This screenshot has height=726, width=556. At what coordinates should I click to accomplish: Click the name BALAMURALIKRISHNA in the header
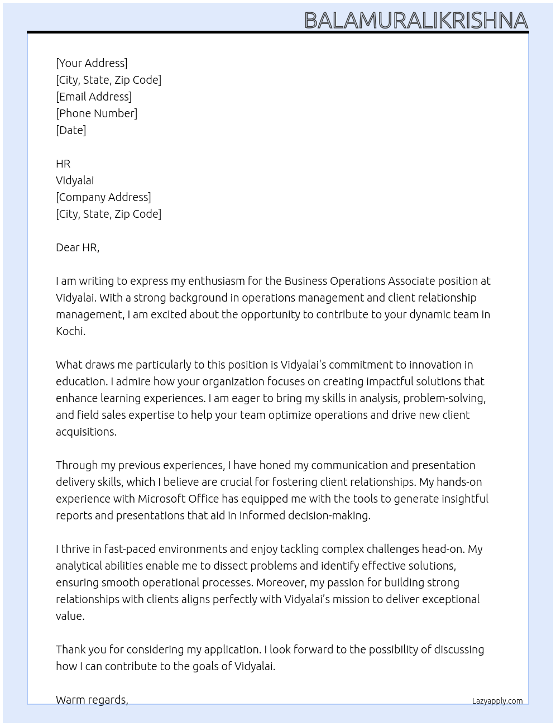pyautogui.click(x=416, y=20)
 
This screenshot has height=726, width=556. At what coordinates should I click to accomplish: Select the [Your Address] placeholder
pyautogui.click(x=92, y=63)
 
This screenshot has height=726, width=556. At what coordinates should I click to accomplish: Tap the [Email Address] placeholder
pyautogui.click(x=94, y=97)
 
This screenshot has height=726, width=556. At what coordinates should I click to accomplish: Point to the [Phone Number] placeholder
pyautogui.click(x=97, y=113)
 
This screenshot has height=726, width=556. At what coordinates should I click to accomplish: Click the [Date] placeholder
pyautogui.click(x=71, y=130)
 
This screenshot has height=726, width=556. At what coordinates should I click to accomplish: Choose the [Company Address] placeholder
pyautogui.click(x=103, y=197)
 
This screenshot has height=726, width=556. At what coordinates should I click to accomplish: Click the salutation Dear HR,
pyautogui.click(x=78, y=247)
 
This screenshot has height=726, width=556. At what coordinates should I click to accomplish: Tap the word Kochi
pyautogui.click(x=70, y=331)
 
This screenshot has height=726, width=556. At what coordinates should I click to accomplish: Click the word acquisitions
pyautogui.click(x=85, y=432)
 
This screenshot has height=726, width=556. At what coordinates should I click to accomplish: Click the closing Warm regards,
pyautogui.click(x=92, y=700)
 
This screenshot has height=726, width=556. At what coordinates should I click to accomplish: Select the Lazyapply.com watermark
pyautogui.click(x=497, y=701)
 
